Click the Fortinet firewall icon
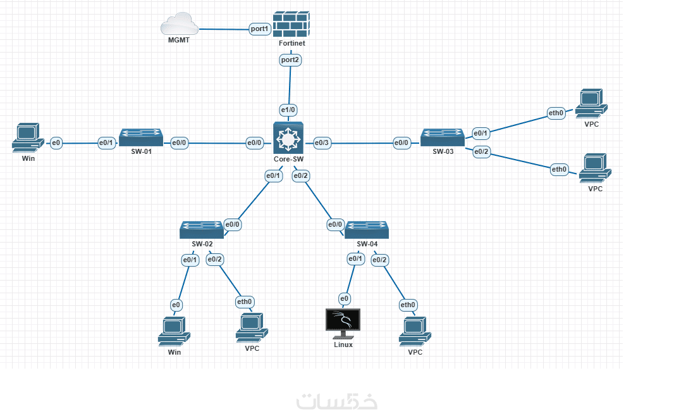291,23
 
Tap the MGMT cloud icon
179,26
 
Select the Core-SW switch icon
288,137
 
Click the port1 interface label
259,28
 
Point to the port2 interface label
290,60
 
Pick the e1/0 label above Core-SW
288,110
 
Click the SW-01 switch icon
141,137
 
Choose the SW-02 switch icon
202,229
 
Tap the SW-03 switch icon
443,137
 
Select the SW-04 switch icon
366,229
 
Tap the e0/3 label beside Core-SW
322,143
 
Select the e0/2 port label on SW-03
482,151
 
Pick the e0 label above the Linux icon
344,298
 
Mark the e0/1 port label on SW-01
106,143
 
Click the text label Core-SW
288,159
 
